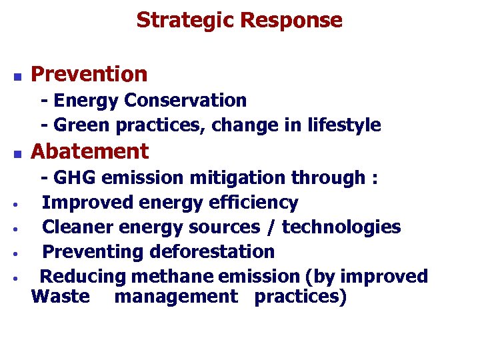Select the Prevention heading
pyautogui.click(x=89, y=74)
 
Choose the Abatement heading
pyautogui.click(x=90, y=151)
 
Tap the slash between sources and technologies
pyautogui.click(x=271, y=227)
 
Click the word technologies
pyautogui.click(x=341, y=227)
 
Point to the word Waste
pyautogui.click(x=60, y=295)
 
